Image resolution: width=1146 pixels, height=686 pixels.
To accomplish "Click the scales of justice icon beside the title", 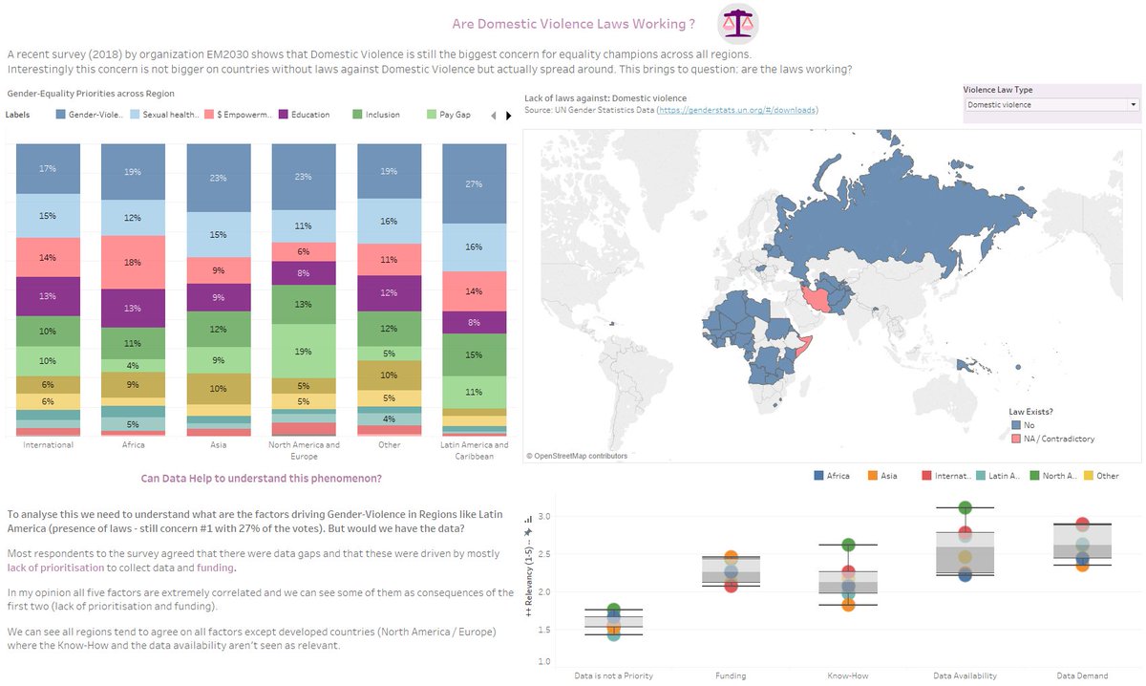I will point(738,23).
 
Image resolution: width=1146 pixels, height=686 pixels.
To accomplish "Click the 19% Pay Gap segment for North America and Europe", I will point(304,352).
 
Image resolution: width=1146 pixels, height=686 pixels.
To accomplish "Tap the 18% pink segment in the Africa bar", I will point(132,262).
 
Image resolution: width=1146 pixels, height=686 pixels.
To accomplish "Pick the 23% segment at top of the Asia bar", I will point(218,178).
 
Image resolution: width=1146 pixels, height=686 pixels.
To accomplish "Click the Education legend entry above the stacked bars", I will point(307,115).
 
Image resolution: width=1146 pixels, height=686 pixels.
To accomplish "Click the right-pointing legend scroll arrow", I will point(506,116).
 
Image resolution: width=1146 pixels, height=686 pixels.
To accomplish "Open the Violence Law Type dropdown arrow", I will point(1133,105).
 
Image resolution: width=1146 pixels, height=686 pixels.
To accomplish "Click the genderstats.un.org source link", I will point(736,111).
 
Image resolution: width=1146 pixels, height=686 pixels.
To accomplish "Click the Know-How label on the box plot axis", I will point(847,675).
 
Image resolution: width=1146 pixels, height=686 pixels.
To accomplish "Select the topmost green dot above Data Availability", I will point(965,507).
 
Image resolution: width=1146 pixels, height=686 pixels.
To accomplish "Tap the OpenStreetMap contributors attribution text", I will point(577,456).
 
